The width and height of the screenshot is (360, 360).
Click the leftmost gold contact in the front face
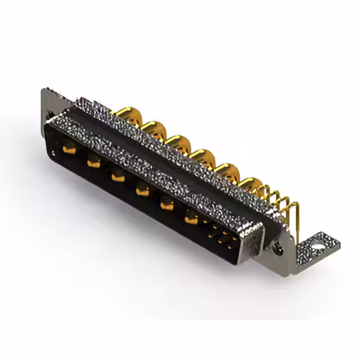[x=69, y=150]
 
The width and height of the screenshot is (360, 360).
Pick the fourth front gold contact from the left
[x=142, y=191]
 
